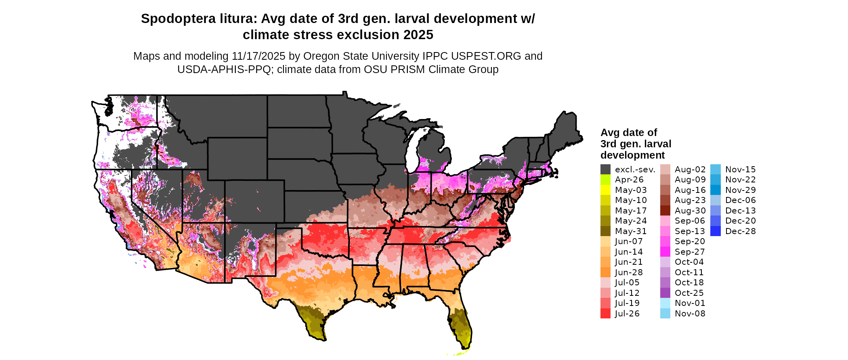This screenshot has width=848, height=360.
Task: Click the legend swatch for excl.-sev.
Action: point(605,170)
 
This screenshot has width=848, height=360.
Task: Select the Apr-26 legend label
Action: point(629,180)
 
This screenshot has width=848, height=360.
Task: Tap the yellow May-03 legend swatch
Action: point(605,190)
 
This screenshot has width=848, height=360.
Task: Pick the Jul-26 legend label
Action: point(627,314)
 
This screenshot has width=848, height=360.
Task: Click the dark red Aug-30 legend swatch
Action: point(665,211)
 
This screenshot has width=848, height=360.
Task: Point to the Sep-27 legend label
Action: point(690,252)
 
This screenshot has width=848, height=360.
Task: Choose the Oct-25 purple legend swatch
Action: point(665,293)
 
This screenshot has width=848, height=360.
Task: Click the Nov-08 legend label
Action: point(690,314)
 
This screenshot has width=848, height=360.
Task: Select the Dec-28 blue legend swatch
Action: point(715,231)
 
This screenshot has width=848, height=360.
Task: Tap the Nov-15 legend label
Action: point(740,170)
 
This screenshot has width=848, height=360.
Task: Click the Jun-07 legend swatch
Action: point(605,241)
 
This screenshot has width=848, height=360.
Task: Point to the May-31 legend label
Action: point(631,231)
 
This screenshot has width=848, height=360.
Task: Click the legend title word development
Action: point(632,155)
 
